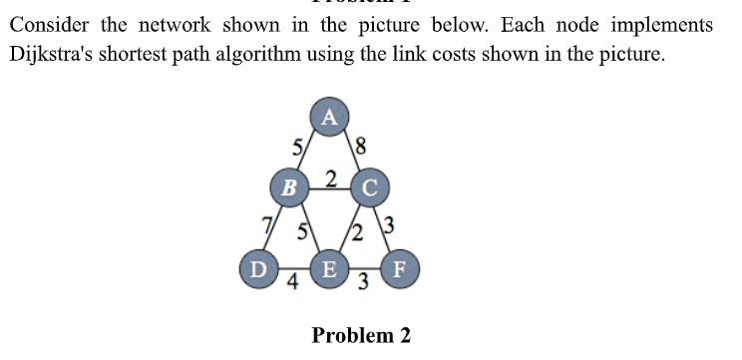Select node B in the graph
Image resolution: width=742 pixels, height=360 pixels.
click(x=289, y=185)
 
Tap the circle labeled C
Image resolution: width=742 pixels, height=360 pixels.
click(x=370, y=185)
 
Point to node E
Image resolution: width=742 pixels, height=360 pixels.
click(x=329, y=268)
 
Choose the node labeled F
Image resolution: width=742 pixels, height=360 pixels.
click(x=401, y=268)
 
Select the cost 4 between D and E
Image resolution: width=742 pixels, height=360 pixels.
click(x=292, y=282)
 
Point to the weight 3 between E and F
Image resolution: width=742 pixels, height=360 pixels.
click(x=364, y=283)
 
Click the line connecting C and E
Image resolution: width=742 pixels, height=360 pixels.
click(x=349, y=227)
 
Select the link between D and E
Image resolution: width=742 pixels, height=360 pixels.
click(x=293, y=269)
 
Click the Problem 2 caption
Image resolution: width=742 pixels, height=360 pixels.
click(x=361, y=335)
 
